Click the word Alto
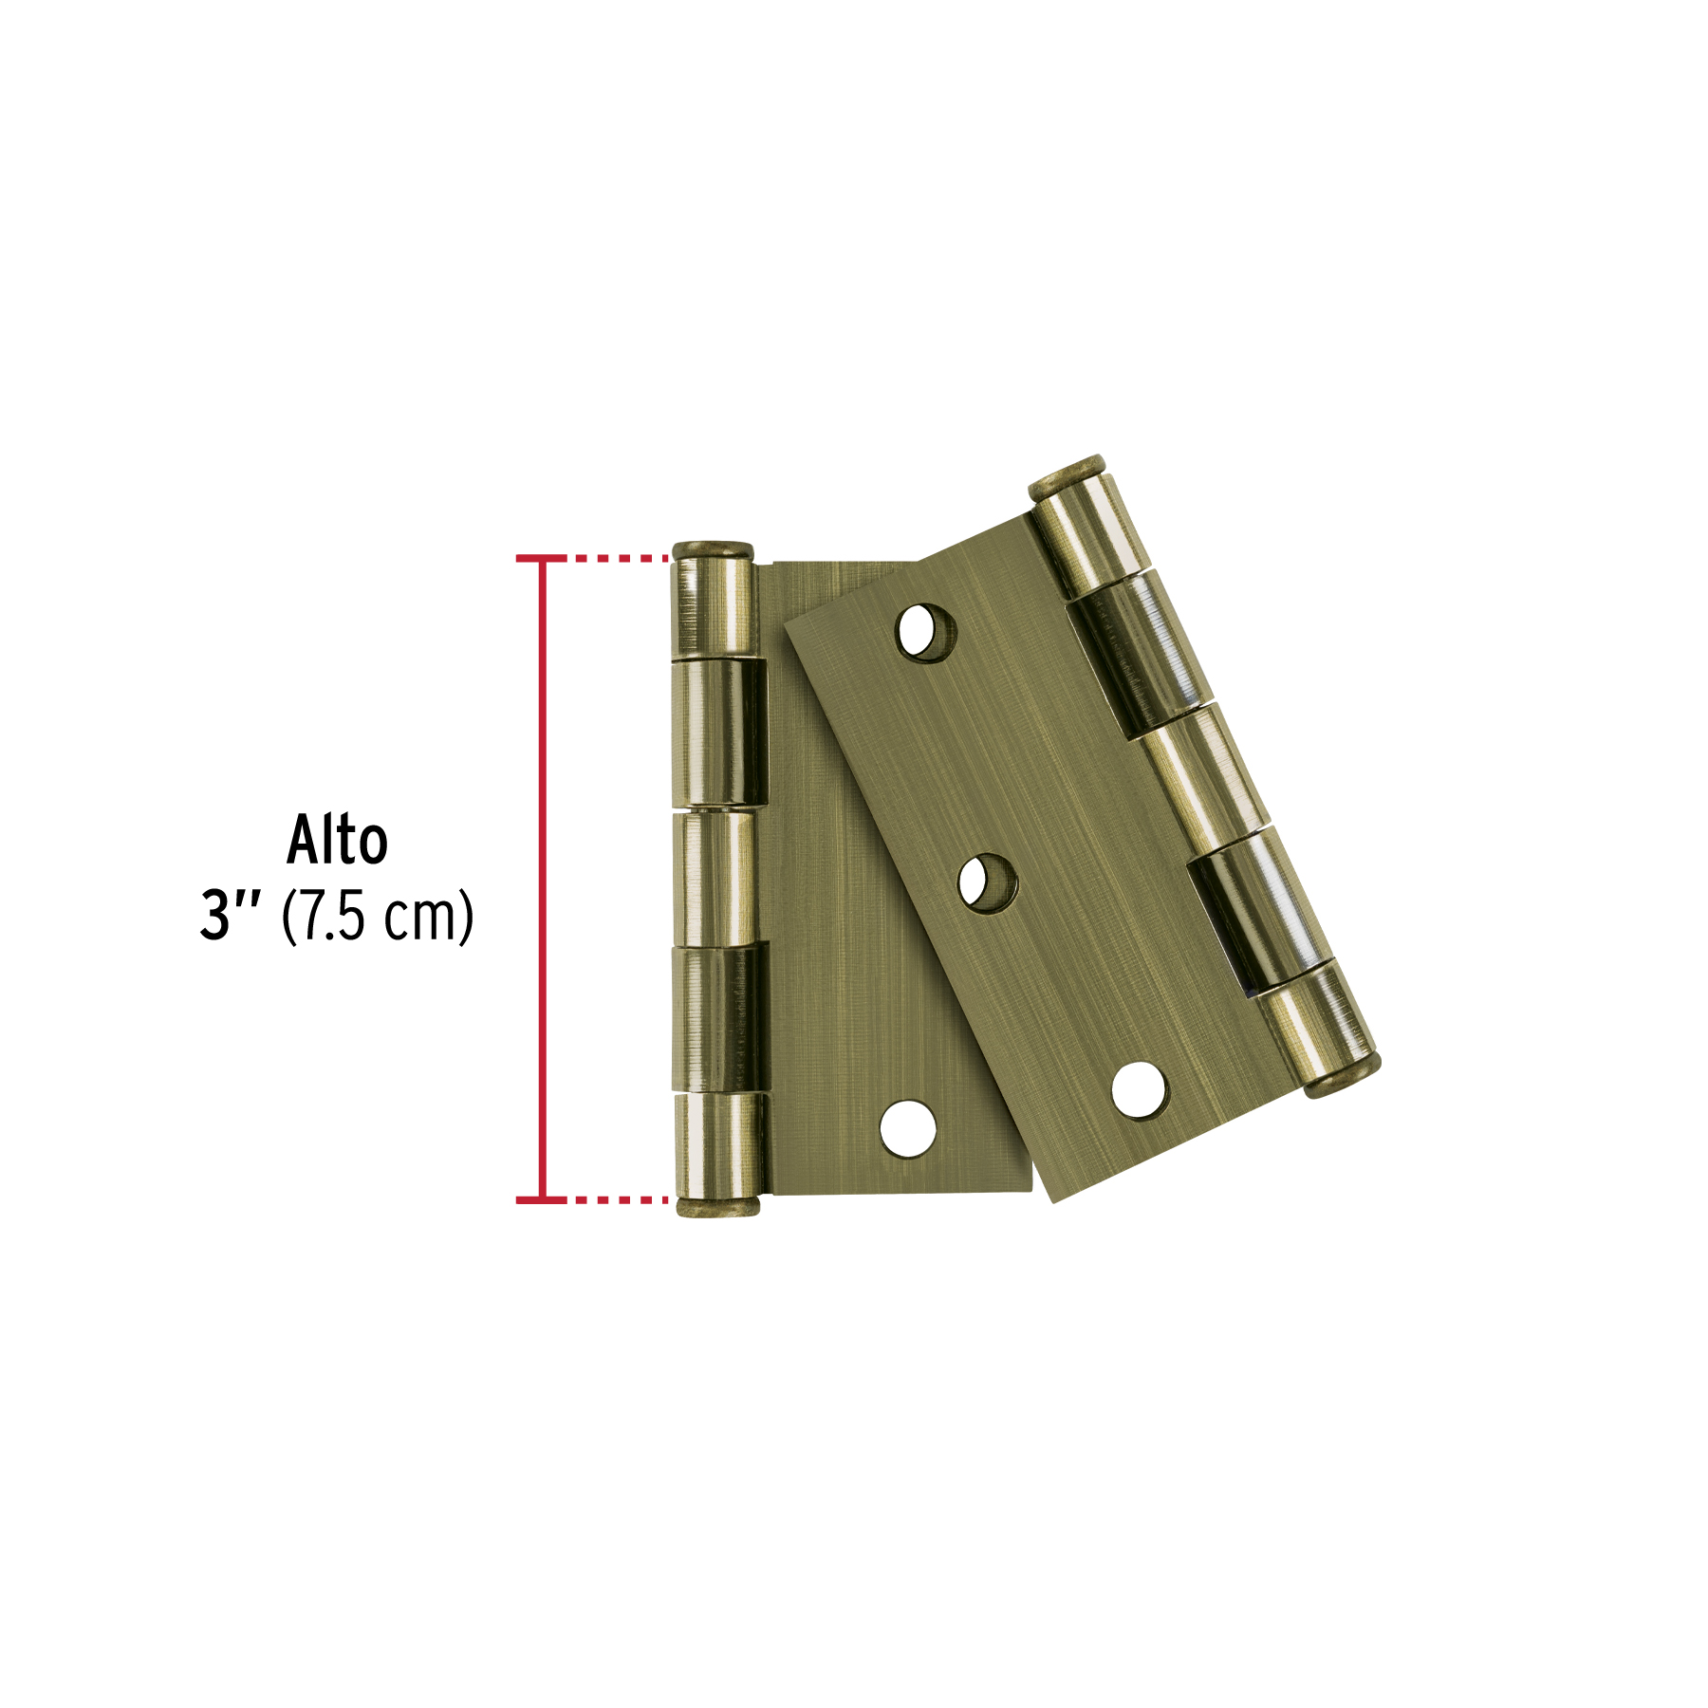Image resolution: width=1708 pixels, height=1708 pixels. [337, 840]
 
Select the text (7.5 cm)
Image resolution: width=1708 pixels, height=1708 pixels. [378, 917]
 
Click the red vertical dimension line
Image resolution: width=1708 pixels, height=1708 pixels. [543, 879]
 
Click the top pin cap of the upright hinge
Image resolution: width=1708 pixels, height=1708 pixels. [713, 550]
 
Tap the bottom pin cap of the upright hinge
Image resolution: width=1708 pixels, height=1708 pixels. [716, 1206]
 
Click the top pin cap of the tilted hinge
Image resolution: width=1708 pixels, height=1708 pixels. [1067, 477]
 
